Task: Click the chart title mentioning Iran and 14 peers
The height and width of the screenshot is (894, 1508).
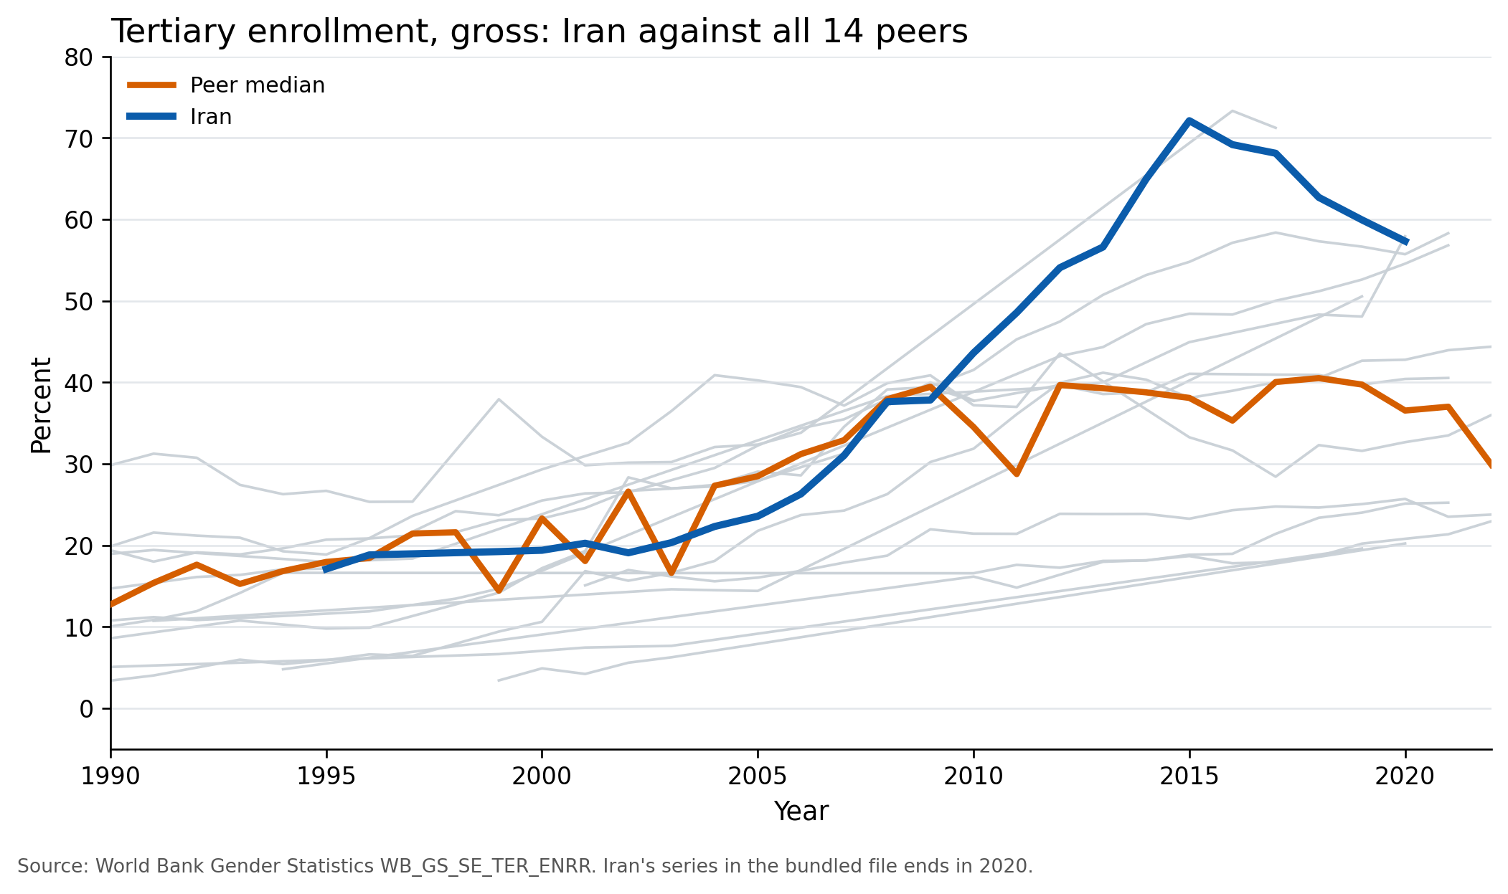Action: [539, 32]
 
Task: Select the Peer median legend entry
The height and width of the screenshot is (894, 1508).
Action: [257, 85]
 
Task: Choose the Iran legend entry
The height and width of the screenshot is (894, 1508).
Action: [210, 117]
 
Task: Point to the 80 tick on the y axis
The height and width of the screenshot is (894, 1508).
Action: [79, 57]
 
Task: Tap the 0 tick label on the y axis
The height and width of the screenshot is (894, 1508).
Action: [86, 709]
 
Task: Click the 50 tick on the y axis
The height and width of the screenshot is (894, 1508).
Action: [79, 302]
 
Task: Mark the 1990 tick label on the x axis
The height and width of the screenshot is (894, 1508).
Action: [110, 776]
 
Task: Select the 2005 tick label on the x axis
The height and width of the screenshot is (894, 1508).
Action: [758, 776]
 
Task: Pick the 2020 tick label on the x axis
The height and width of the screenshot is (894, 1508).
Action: [1405, 776]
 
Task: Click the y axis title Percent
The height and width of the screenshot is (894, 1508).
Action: [42, 405]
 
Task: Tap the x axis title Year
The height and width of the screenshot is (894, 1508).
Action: [801, 812]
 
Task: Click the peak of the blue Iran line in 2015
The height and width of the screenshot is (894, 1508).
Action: [1189, 120]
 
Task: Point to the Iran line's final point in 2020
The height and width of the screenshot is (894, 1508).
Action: [1405, 242]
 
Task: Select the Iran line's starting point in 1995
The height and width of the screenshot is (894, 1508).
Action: [326, 570]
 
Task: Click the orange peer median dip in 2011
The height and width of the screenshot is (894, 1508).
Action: [1017, 474]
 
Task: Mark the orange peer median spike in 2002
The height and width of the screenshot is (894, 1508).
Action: [628, 491]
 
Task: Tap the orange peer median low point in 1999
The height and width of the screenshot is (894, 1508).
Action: [499, 591]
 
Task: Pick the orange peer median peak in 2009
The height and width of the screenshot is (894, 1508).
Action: [930, 386]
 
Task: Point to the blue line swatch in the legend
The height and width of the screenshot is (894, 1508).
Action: [151, 117]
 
